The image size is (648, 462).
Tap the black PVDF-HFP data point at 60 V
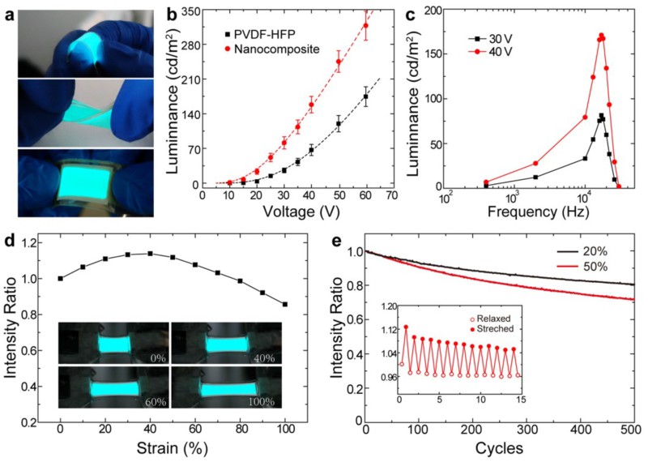(365, 97)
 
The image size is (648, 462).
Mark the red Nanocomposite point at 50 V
(339, 62)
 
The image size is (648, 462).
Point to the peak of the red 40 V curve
(601, 36)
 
